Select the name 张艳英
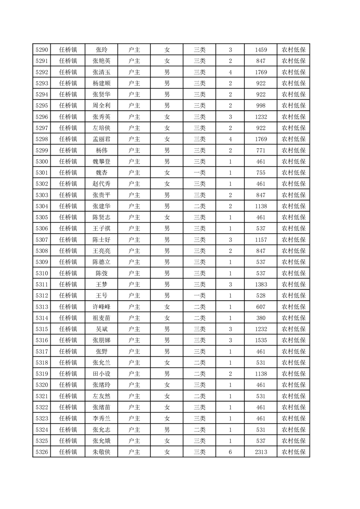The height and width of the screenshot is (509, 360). tap(101, 61)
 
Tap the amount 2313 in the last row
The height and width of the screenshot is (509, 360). tap(261, 452)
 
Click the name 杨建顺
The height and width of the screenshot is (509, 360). tap(101, 83)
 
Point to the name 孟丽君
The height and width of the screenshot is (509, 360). tap(101, 139)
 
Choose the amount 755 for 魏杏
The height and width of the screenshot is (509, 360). tap(261, 173)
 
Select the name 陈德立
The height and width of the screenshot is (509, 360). tap(101, 262)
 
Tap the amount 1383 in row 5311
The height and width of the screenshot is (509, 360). tap(261, 284)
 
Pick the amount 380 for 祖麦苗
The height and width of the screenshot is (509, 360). tap(261, 318)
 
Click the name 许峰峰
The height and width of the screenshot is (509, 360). tap(101, 307)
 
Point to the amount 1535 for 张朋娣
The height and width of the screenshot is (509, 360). tap(261, 340)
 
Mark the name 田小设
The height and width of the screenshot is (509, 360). tap(101, 374)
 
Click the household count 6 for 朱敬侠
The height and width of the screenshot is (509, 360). tap(230, 452)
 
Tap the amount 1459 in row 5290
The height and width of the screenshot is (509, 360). tap(261, 50)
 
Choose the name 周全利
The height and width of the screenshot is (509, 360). tap(101, 106)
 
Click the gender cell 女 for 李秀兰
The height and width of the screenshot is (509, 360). tap(167, 418)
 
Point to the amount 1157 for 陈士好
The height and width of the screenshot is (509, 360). tap(261, 240)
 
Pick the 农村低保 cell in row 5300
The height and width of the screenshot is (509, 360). tap(293, 162)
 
